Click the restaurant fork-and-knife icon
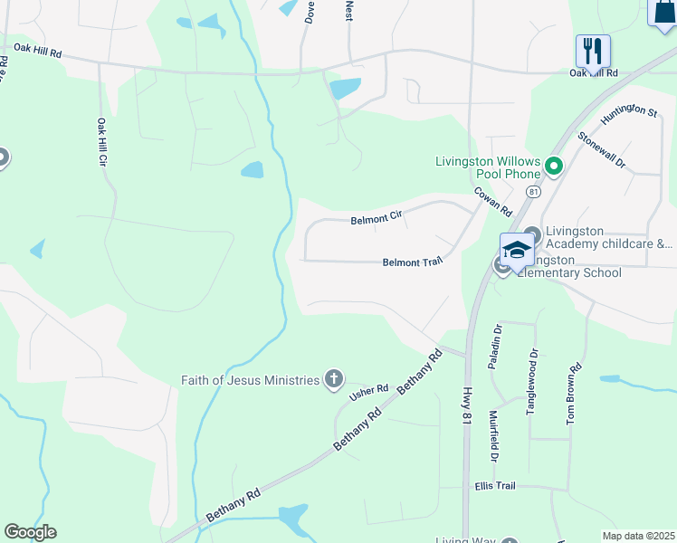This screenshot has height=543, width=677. (x=593, y=50)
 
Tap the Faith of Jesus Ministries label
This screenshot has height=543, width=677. (x=251, y=380)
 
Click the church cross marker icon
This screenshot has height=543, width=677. (x=334, y=379)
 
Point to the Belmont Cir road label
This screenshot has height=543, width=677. (x=376, y=219)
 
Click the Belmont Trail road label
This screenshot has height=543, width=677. (x=412, y=262)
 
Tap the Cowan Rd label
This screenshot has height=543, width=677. (x=493, y=202)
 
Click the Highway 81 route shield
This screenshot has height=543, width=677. (x=534, y=192)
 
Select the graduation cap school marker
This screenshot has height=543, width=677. (x=517, y=250)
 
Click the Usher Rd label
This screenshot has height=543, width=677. (x=369, y=390)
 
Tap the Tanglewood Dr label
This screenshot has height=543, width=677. (x=533, y=382)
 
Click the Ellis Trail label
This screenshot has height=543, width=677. (x=494, y=486)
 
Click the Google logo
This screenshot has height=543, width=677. (x=30, y=532)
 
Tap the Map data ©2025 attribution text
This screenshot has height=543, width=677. (x=638, y=536)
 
